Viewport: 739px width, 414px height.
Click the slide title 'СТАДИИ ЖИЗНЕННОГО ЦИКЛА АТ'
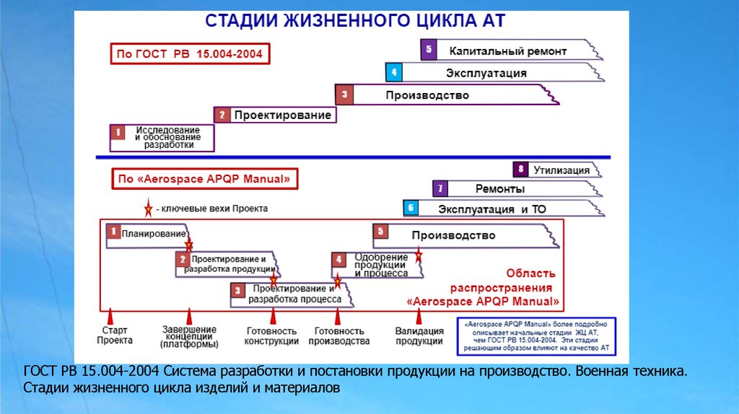pyautogui.click(x=357, y=20)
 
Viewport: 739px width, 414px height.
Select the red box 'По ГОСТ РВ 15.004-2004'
pyautogui.click(x=190, y=53)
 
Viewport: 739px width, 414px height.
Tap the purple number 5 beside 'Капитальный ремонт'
pyautogui.click(x=429, y=50)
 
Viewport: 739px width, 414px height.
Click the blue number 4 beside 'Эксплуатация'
pyautogui.click(x=393, y=73)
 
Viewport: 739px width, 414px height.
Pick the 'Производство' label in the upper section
pyautogui.click(x=427, y=95)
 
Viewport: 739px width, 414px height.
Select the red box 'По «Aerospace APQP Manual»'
pyautogui.click(x=204, y=178)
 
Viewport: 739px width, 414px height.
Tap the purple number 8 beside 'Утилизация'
pyautogui.click(x=520, y=170)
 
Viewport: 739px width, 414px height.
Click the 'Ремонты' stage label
pyautogui.click(x=500, y=189)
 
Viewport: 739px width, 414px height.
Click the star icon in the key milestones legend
pyautogui.click(x=149, y=208)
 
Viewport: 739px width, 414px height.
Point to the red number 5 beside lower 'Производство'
pyautogui.click(x=382, y=232)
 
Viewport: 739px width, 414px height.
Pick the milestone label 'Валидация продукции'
pyautogui.click(x=419, y=336)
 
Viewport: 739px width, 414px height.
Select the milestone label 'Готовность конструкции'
pyautogui.click(x=272, y=336)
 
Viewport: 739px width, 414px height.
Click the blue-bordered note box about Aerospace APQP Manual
pyautogui.click(x=538, y=336)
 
